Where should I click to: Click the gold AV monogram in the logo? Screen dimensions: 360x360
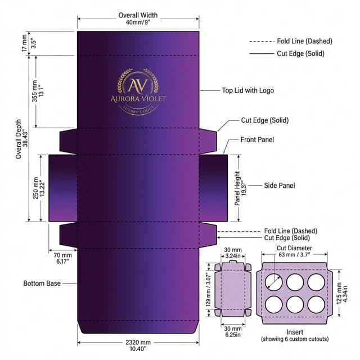138,85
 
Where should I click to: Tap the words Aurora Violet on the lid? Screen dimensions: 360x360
138,99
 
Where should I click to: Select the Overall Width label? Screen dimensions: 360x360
138,15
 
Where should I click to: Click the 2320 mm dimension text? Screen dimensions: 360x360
138,343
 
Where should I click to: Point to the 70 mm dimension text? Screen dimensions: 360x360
62,255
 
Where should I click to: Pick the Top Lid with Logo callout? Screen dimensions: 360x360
248,91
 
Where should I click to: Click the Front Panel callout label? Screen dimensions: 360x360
257,139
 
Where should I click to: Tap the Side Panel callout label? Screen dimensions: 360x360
280,185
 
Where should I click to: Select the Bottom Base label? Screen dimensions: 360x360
42,283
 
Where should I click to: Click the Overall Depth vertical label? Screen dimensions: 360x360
19,139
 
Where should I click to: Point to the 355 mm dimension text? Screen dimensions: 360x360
34,91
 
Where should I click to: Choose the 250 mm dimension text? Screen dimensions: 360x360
35,188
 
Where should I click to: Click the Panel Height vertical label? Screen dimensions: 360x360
237,188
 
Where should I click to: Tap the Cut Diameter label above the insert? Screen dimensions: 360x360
294,248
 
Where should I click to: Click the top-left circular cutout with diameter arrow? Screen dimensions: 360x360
274,282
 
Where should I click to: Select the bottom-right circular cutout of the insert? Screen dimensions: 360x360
316,304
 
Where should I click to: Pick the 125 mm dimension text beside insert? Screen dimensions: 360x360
339,293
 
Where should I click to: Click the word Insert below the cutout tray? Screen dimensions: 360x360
295,332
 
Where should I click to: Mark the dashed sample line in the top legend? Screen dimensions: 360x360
262,42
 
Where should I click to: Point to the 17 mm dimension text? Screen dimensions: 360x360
25,43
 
